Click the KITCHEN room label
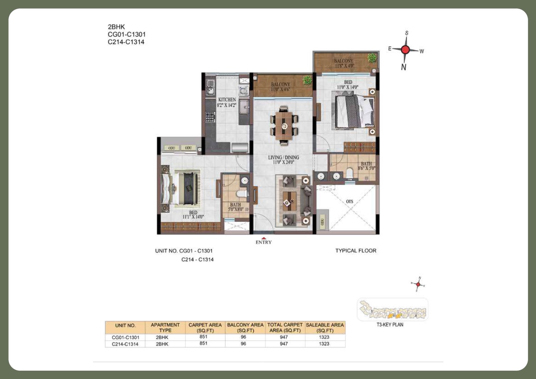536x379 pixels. [226, 100]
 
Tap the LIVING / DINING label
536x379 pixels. [283, 158]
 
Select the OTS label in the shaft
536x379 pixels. [349, 201]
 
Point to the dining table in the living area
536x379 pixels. [284, 125]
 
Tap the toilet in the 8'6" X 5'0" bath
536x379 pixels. [350, 173]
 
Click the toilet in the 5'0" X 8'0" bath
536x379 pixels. [240, 194]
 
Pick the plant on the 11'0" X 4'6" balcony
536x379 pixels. [307, 80]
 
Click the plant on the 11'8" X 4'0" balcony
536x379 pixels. [371, 58]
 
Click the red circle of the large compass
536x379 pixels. [405, 50]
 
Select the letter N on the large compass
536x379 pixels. [403, 67]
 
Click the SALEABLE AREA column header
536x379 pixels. [325, 327]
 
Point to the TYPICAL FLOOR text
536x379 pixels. [356, 251]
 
